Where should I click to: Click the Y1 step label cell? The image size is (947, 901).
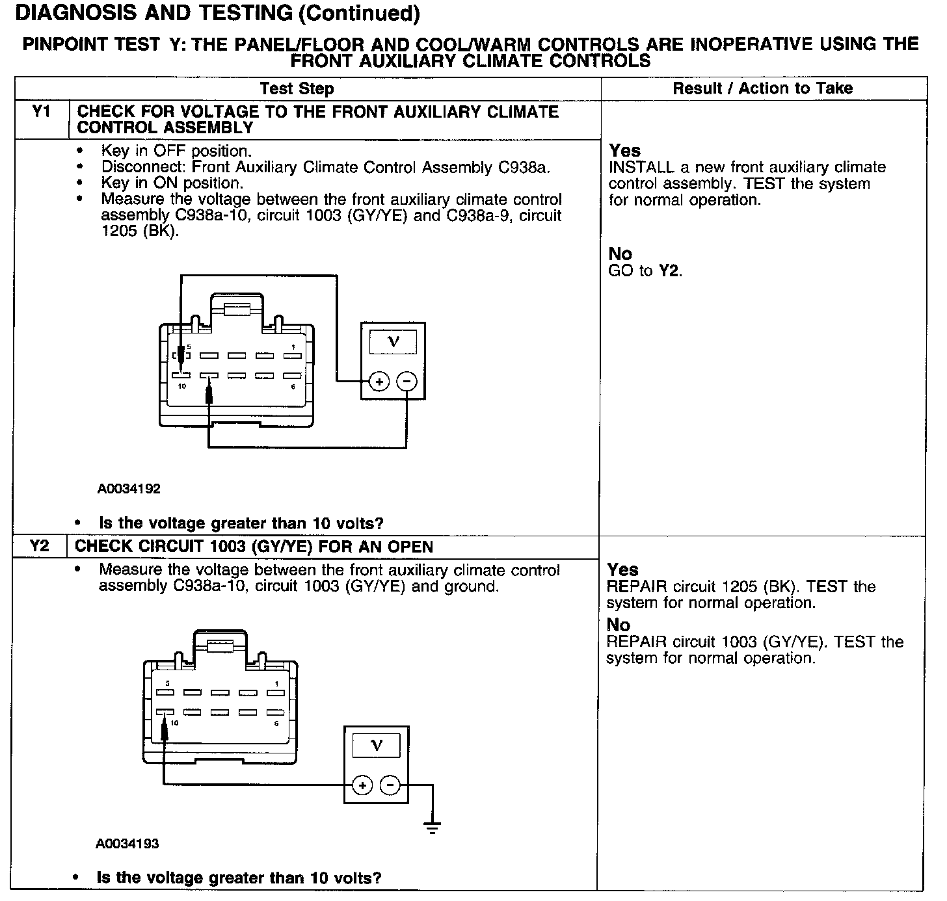(x=41, y=112)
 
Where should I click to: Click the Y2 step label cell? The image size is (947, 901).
(x=39, y=546)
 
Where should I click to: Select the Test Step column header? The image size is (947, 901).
(x=297, y=88)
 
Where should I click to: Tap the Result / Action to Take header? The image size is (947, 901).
(x=762, y=88)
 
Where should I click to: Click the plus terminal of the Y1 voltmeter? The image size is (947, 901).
(x=379, y=382)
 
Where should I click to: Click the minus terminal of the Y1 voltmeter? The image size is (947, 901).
(x=407, y=382)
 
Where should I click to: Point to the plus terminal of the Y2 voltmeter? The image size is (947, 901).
(x=362, y=785)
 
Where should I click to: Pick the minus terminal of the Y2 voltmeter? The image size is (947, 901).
(x=390, y=785)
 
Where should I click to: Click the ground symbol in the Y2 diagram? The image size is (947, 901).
(x=432, y=827)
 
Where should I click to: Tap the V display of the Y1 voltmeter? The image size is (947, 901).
(x=393, y=341)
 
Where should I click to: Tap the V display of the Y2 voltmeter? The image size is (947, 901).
(x=377, y=745)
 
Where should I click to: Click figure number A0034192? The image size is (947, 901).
(x=129, y=488)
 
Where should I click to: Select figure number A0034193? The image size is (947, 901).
(x=127, y=844)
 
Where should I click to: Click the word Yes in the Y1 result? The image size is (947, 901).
(x=624, y=151)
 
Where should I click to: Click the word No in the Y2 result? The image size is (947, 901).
(x=618, y=625)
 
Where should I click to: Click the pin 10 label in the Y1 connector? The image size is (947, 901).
(x=181, y=386)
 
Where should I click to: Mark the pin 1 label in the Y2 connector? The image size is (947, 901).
(x=276, y=683)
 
